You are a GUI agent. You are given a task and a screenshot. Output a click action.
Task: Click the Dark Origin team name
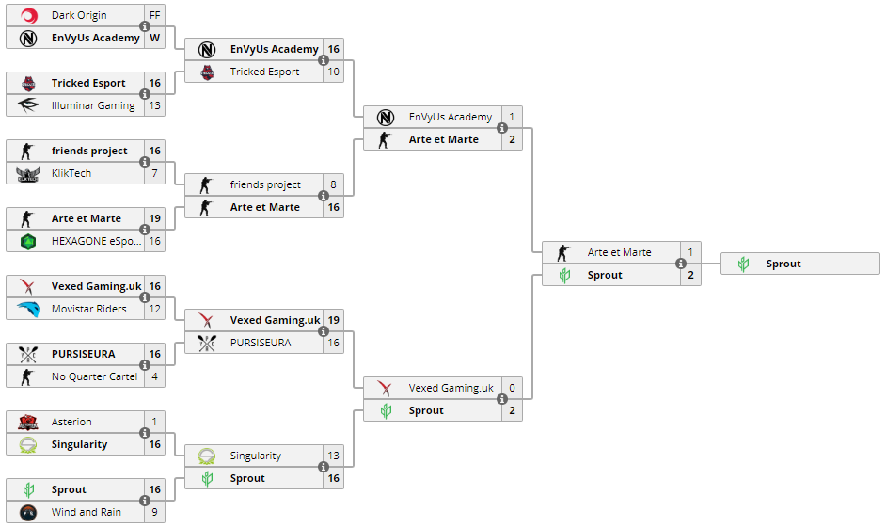(79, 15)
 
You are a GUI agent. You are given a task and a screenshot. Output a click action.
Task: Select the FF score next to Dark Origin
(155, 15)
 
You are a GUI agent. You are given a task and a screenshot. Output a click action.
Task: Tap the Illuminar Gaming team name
(93, 105)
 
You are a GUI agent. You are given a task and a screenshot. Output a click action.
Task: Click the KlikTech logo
(27, 173)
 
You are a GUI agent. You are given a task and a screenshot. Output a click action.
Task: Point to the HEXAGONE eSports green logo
(27, 241)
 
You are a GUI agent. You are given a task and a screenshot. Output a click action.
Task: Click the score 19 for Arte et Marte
(155, 218)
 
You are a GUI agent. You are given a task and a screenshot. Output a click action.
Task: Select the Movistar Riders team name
(88, 310)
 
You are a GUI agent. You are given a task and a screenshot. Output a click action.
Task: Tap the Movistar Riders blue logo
(27, 310)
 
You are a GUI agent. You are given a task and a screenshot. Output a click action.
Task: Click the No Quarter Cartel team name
(94, 377)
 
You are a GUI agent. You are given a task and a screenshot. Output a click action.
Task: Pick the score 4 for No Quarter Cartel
(155, 377)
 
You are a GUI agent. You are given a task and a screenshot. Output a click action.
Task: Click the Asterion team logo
(27, 423)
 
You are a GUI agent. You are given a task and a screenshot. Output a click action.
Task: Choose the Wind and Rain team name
(86, 513)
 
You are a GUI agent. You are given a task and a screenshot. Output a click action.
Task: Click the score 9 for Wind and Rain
(155, 513)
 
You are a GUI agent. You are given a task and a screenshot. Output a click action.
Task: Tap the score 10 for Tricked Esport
(333, 72)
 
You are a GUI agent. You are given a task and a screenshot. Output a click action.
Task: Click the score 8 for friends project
(333, 184)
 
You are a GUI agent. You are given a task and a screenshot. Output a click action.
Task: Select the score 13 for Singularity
(333, 456)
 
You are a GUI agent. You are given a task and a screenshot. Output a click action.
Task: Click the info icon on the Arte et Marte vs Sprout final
(681, 264)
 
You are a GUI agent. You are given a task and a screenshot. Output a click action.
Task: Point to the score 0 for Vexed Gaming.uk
(512, 389)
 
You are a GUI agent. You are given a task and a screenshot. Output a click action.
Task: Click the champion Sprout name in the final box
(783, 264)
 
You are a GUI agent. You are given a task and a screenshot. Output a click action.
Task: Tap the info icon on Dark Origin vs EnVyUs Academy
(145, 26)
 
